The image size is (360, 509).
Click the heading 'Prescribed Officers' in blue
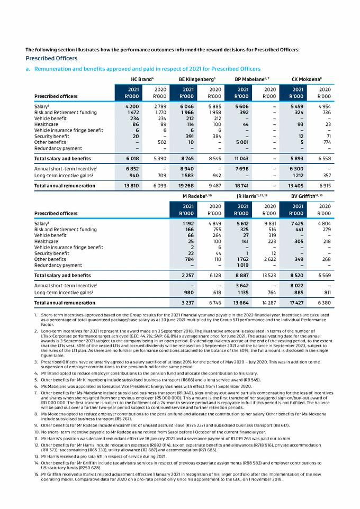click(x=51, y=58)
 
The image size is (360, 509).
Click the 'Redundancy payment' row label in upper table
click(x=58, y=148)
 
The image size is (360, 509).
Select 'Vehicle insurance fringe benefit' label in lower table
click(x=69, y=247)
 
